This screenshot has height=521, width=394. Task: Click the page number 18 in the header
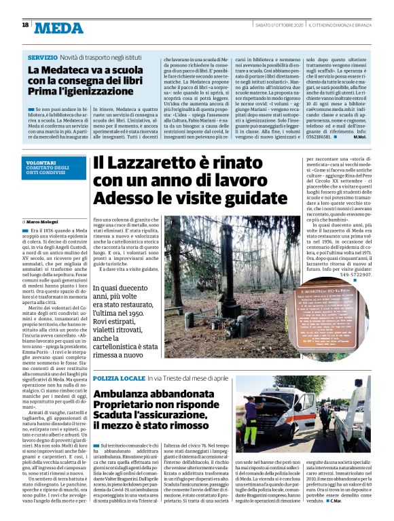point(25,24)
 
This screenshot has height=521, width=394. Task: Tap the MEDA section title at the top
point(60,27)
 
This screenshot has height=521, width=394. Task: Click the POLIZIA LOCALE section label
point(119,377)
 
